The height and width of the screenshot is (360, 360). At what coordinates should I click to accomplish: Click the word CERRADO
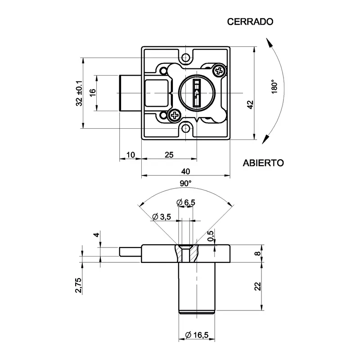coord(251,22)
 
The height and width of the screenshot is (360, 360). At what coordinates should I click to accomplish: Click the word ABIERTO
coord(264,163)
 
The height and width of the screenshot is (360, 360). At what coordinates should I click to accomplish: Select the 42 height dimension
coord(251,104)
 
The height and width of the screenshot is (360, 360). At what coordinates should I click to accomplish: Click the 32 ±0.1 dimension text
coord(79,93)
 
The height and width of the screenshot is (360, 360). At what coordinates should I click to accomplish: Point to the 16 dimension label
coord(92,92)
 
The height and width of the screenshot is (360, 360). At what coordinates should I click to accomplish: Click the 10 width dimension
coord(130,155)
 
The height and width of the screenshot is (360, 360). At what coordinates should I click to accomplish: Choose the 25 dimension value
coord(169,155)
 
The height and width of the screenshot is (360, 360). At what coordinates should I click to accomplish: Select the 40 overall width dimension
coord(185,171)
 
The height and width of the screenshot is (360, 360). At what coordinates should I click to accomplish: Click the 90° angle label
coord(185,184)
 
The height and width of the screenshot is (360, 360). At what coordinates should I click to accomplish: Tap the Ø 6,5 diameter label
coord(186,203)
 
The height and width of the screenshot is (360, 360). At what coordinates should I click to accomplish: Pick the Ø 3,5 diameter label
coord(162,217)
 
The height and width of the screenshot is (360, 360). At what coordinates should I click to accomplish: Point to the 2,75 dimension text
coord(78,286)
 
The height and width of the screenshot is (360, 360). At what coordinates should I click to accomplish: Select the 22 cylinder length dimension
coord(257,286)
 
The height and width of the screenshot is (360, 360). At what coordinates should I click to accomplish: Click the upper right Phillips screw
coord(219,71)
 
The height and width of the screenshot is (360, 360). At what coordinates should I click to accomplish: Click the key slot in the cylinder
coord(197,93)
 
